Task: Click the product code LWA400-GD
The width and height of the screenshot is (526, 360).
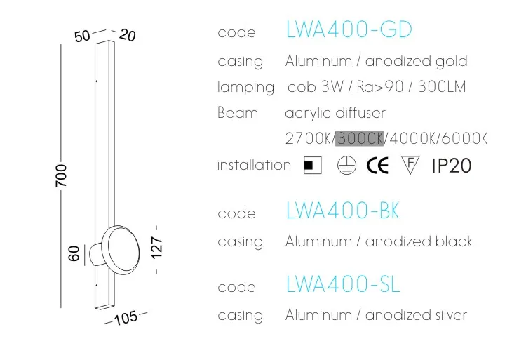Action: [x=349, y=30]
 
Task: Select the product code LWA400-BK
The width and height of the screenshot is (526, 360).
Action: [x=343, y=211]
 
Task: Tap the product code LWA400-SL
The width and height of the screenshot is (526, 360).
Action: [x=343, y=284]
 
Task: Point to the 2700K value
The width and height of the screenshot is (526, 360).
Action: [x=309, y=138]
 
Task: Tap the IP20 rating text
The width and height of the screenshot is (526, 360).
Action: [x=451, y=166]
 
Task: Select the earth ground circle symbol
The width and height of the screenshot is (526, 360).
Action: [x=344, y=166]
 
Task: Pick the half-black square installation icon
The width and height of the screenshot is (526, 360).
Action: [x=312, y=166]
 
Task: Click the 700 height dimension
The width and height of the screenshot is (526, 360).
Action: [x=62, y=175]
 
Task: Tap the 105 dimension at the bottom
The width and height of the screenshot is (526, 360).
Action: [x=125, y=318]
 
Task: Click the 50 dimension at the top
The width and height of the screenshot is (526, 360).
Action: [x=83, y=36]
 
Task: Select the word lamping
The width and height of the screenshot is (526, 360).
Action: [x=245, y=88]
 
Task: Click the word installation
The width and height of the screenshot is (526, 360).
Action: [x=254, y=165]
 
